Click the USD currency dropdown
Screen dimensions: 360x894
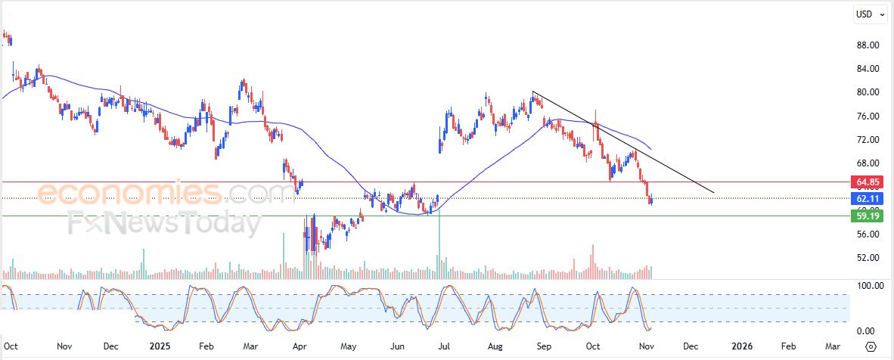870,14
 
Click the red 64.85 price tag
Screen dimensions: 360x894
867,182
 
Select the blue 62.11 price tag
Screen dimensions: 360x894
867,199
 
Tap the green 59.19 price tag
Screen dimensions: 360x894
867,216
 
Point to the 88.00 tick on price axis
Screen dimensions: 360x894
867,45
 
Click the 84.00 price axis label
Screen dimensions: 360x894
867,69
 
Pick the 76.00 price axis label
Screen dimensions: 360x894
867,116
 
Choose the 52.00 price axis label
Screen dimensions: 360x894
867,258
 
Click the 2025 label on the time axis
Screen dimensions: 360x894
160,346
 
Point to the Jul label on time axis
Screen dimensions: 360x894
444,346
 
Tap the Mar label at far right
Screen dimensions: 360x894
833,346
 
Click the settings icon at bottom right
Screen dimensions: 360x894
871,346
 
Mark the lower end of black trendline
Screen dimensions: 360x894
713,192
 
